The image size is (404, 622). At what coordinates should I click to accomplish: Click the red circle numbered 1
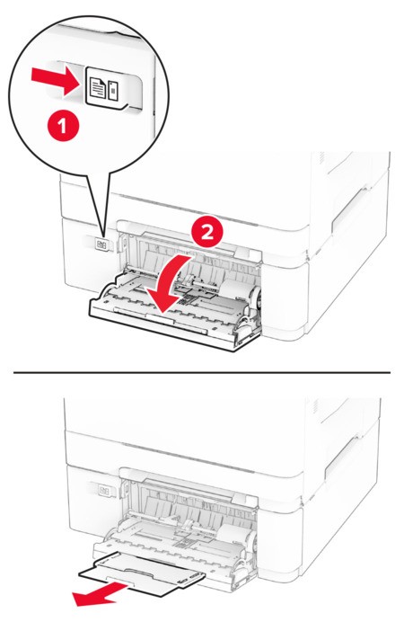pos(64,126)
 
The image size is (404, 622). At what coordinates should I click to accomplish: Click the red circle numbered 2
pos(207,232)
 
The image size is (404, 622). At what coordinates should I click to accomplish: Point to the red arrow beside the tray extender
pos(100,595)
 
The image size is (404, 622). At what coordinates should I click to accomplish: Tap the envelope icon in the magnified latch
pos(113,90)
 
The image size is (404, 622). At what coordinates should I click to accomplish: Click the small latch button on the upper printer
pos(101,245)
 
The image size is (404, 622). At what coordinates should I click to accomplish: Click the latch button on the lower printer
pos(105,491)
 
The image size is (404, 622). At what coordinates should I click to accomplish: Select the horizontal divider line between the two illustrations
pos(202,372)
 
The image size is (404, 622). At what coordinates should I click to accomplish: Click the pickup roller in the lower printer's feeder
pos(235,537)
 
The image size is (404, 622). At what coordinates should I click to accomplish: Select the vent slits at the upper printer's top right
pos(322,158)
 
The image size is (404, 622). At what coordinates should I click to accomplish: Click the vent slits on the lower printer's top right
pos(315,406)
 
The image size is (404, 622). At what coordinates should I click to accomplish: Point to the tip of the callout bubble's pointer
pos(104,238)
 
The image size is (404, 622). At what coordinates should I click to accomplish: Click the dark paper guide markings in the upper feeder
pos(187,298)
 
